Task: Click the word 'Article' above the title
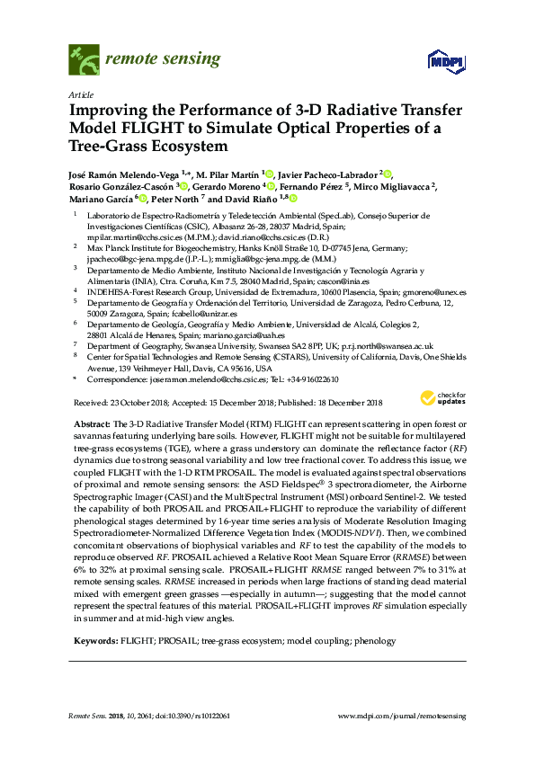pos(79,94)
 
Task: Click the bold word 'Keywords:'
pos(94,641)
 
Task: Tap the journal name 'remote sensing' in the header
pos(150,59)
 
